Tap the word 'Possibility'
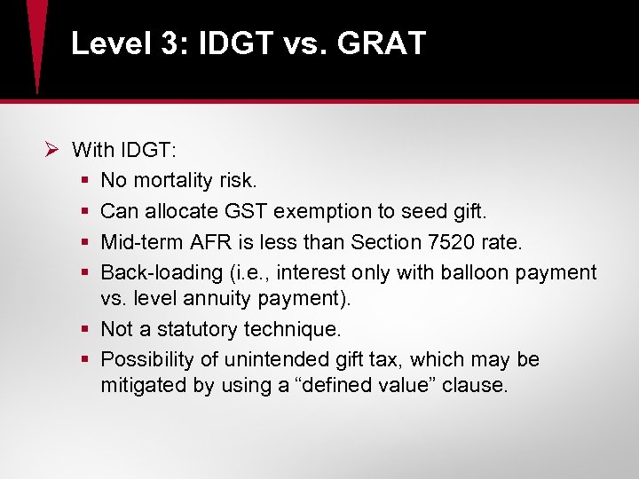pos(146,359)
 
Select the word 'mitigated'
pos(140,386)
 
